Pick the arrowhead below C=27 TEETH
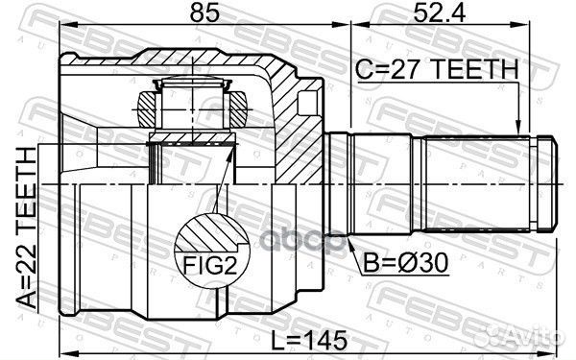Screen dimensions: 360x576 point(518,125)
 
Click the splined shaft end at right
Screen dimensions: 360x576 point(490,181)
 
